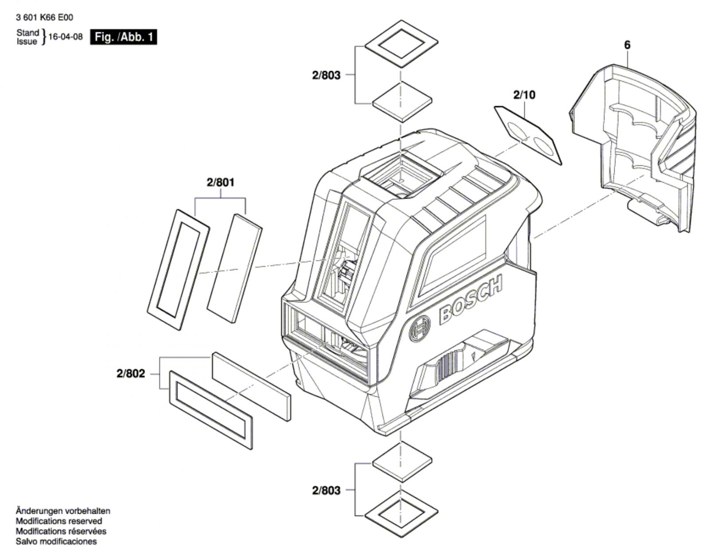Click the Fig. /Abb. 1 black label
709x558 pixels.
point(124,37)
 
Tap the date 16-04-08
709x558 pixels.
point(66,37)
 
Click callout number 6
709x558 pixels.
point(627,45)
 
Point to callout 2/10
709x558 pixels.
point(524,95)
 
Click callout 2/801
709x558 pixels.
point(220,182)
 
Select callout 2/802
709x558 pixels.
point(131,374)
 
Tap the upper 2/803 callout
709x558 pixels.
point(326,75)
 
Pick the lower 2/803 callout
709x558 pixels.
point(326,490)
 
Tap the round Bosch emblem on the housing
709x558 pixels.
point(419,328)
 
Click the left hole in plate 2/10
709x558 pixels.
point(515,129)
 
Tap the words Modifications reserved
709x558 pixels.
point(59,521)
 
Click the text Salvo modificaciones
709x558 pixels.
point(56,542)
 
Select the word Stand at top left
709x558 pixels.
point(28,33)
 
